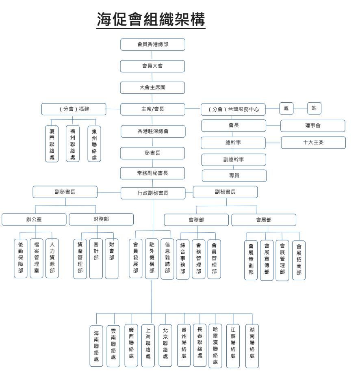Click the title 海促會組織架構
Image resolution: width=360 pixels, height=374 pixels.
tap(151, 19)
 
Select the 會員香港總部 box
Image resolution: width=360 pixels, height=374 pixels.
tap(153, 45)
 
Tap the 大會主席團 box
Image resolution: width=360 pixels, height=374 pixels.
tap(152, 88)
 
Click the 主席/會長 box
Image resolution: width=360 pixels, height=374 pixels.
tap(153, 109)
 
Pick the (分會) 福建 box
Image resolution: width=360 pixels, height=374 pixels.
tap(74, 109)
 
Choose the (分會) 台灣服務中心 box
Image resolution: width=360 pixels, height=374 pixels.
tap(233, 110)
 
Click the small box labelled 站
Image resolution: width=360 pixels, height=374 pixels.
tap(314, 108)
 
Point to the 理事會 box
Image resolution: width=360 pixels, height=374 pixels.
tap(313, 126)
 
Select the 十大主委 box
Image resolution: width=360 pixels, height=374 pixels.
tap(313, 143)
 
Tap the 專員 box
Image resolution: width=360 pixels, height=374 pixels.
tap(234, 176)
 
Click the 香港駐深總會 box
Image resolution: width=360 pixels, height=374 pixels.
tap(153, 132)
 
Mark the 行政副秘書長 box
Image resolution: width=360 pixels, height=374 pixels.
tap(153, 193)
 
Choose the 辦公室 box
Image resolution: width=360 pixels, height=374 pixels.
tap(34, 219)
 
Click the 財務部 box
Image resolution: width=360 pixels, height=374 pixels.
tap(101, 219)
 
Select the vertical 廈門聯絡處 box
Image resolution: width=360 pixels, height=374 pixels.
tap(52, 144)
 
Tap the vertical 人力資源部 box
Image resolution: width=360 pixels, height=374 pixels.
tap(52, 258)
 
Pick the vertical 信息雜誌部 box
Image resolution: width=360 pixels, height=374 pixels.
tap(167, 259)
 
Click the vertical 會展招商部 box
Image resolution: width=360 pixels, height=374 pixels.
tap(299, 260)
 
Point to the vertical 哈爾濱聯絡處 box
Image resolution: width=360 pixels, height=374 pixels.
tap(215, 346)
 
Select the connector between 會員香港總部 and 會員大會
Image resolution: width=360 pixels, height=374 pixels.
tap(152, 55)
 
